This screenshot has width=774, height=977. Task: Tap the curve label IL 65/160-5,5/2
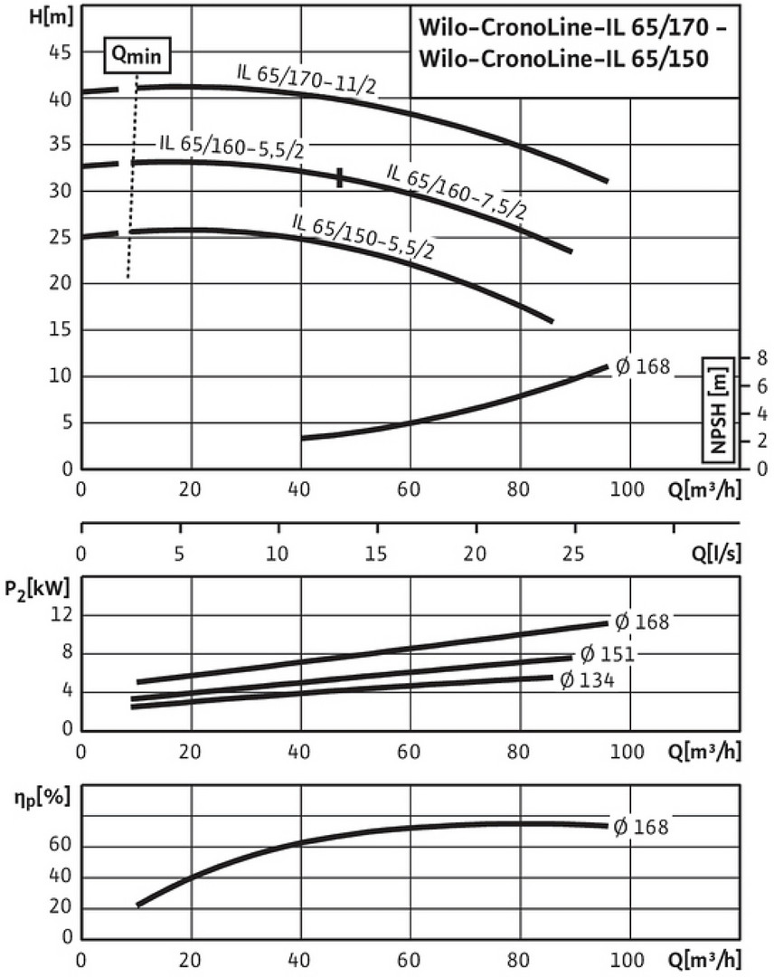click(231, 147)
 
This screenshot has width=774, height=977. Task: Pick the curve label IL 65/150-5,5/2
click(363, 236)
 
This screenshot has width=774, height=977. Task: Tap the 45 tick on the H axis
click(59, 52)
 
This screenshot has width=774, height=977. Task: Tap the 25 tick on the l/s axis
click(572, 554)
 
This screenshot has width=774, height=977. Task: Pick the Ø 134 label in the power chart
click(587, 679)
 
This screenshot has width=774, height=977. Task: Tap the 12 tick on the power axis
click(61, 615)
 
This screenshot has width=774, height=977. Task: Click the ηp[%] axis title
click(34, 800)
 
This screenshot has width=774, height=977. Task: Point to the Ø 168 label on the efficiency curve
click(641, 826)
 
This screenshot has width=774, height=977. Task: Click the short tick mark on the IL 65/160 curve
click(340, 177)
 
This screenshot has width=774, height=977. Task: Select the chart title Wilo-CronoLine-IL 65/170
click(571, 28)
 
